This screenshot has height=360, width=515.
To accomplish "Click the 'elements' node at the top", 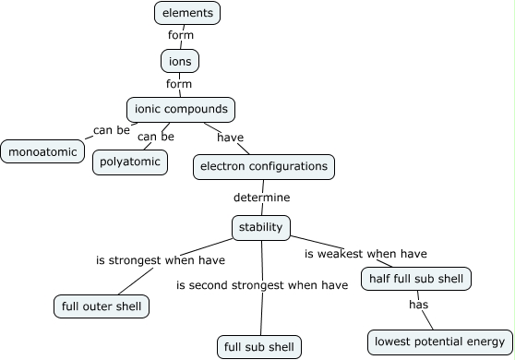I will pyautogui.click(x=187, y=13).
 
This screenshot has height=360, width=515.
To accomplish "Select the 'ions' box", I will pyautogui.click(x=179, y=61).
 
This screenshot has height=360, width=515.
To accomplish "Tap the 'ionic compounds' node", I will pyautogui.click(x=180, y=109).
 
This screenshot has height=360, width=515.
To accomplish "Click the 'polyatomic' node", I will pyautogui.click(x=130, y=162).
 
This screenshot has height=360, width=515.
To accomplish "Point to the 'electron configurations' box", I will pyautogui.click(x=263, y=167).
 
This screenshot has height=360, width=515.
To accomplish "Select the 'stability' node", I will pyautogui.click(x=261, y=227).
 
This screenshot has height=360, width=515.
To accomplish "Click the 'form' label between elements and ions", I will pyautogui.click(x=181, y=36).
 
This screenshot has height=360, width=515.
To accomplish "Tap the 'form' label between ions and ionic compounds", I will pyautogui.click(x=178, y=84).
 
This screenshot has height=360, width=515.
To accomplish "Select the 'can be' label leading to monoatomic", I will pyautogui.click(x=112, y=129).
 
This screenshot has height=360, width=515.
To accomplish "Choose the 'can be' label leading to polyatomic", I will pyautogui.click(x=155, y=138).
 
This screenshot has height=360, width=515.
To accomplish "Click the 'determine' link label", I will pyautogui.click(x=261, y=198).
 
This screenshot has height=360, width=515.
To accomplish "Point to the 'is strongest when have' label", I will pyautogui.click(x=158, y=260).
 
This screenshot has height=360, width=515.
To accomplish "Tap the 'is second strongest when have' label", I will pyautogui.click(x=262, y=285).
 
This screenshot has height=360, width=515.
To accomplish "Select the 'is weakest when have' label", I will pyautogui.click(x=365, y=254).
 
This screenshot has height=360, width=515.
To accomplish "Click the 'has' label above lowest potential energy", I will pyautogui.click(x=419, y=303).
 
